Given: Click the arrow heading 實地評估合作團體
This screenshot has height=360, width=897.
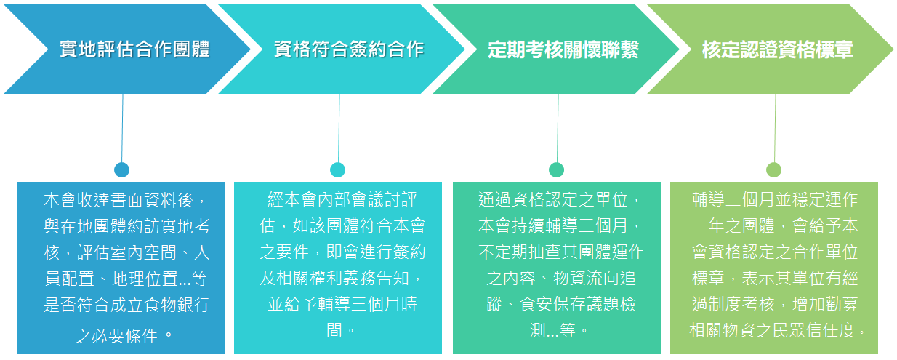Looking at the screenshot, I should click(134, 49).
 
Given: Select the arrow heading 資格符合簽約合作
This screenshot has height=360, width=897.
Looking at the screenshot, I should click(349, 49).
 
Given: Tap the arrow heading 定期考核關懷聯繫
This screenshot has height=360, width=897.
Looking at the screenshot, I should click(563, 49).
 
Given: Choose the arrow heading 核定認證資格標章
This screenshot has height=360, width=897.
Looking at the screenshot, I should click(777, 49).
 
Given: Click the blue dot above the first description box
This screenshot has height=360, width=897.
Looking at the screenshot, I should click(121, 169).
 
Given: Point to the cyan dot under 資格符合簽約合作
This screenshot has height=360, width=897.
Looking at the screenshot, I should click(338, 169).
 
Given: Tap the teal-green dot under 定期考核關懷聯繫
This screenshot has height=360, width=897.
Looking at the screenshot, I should click(556, 169).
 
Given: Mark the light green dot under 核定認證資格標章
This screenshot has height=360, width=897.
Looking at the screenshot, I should click(773, 169).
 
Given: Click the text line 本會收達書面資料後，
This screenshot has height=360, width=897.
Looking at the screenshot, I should click(126, 199).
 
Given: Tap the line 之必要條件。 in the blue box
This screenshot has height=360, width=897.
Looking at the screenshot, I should click(126, 335).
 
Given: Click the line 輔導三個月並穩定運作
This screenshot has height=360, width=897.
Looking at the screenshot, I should click(775, 199).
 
